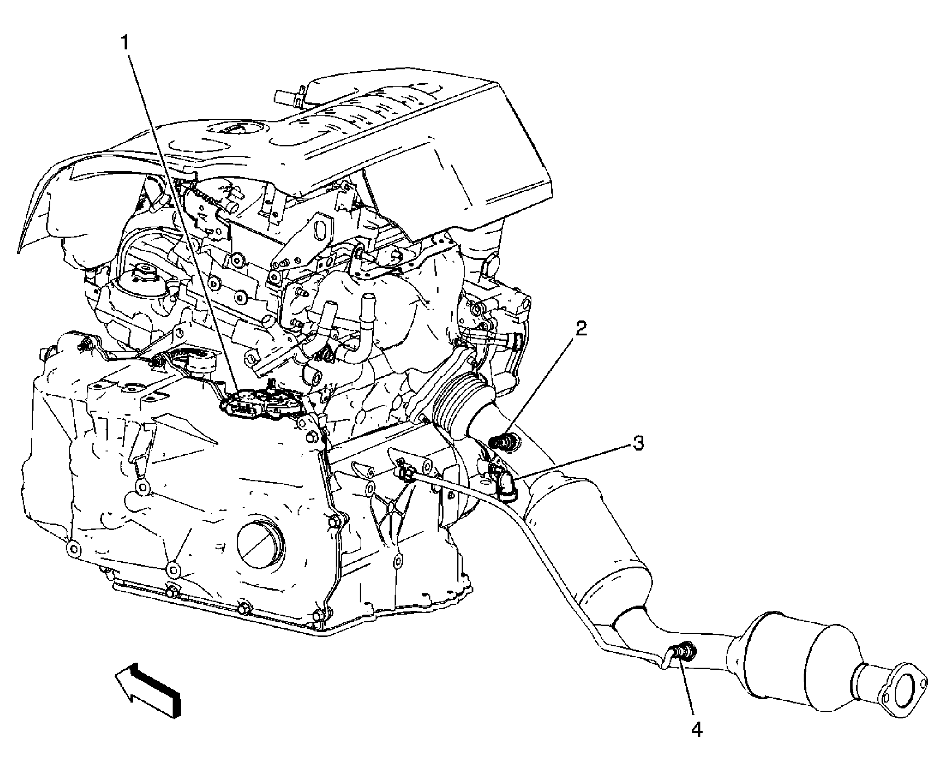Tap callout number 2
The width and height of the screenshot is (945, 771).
pyautogui.click(x=581, y=330)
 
